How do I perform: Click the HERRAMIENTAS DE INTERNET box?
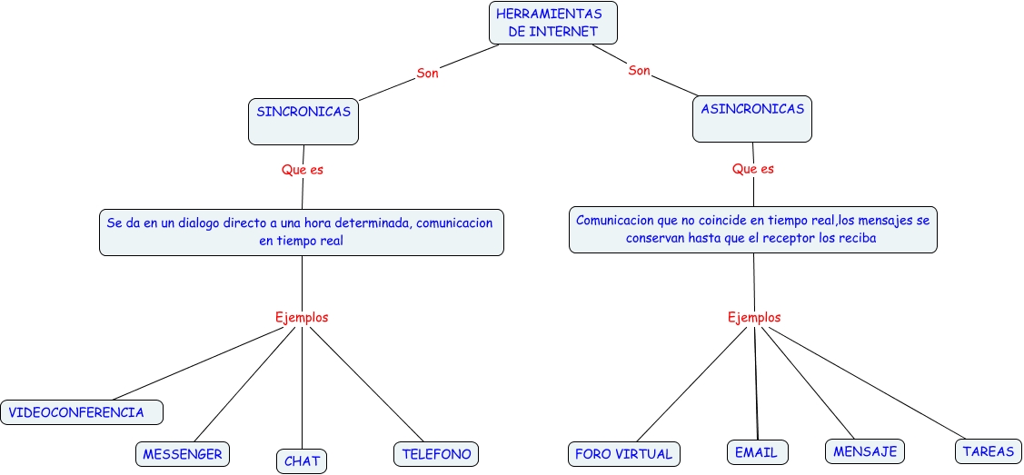coord(553,23)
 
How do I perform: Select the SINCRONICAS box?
coord(303,121)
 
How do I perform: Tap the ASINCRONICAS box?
coord(751,119)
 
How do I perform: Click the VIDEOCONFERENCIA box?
coord(83,412)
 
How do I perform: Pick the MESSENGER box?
coord(182,453)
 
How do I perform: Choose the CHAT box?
coord(302,460)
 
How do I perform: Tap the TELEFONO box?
coord(436,453)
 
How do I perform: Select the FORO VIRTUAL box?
coord(624,453)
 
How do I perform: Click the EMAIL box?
coord(758,451)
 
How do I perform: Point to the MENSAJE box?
coord(865,450)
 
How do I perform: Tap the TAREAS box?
coord(988,450)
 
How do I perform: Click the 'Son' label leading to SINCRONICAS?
coord(427,73)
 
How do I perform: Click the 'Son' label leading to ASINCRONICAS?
coord(639,70)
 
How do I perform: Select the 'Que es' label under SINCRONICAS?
coord(303,169)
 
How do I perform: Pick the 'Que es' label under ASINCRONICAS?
coord(753,168)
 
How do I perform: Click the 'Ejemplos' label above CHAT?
coord(302,317)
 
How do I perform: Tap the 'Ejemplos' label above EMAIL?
coord(754,317)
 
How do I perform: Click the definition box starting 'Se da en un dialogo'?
coord(301,232)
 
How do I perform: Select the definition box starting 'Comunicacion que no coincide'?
coord(752,229)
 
